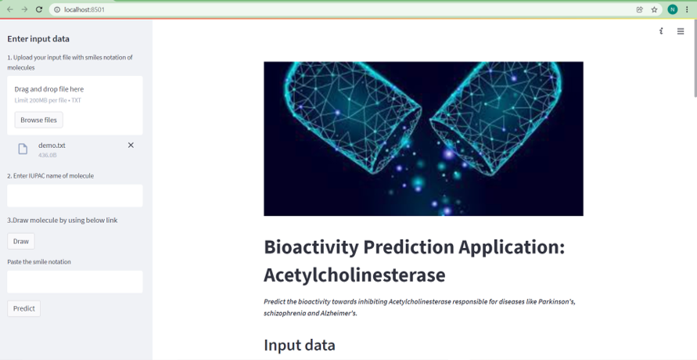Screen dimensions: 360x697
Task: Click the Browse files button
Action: (x=38, y=120)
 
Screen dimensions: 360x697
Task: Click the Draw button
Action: (x=20, y=241)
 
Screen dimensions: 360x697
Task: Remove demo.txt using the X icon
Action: (x=131, y=145)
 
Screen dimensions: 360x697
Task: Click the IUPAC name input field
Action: (x=74, y=196)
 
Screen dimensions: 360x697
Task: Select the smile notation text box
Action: (x=74, y=282)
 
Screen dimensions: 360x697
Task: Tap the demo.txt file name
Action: (x=52, y=145)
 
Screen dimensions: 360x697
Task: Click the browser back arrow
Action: (x=10, y=9)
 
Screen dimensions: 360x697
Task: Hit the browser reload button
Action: (x=39, y=9)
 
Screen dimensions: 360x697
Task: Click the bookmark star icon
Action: (x=654, y=9)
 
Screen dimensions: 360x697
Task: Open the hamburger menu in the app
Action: (x=681, y=31)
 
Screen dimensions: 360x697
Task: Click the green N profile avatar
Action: (x=672, y=9)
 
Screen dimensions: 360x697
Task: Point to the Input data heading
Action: (x=299, y=345)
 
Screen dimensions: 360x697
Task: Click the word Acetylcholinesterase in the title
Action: (x=354, y=275)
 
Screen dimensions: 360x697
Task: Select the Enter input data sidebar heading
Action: (x=38, y=39)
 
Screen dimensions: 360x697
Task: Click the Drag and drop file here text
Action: (x=49, y=89)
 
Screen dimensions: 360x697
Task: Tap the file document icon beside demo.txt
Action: (x=23, y=149)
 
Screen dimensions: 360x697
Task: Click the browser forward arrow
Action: (x=24, y=9)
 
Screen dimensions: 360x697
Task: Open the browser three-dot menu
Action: (x=687, y=9)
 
